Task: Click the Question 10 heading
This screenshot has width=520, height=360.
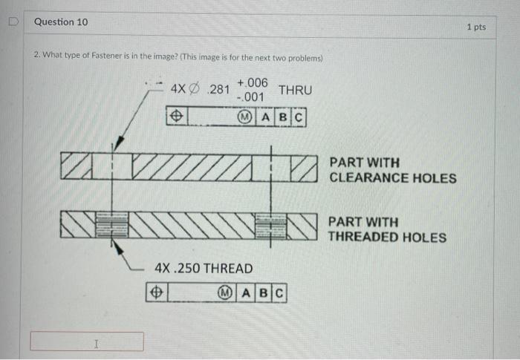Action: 61,22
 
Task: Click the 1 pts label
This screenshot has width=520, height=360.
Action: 476,27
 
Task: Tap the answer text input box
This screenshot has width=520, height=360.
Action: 87,341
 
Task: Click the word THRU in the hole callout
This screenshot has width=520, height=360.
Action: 295,90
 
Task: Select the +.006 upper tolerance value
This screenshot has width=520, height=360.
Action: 253,82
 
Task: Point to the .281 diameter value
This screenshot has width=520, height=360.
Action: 219,90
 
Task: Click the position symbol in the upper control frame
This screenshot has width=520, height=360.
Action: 177,117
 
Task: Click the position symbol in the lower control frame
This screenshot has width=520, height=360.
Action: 157,294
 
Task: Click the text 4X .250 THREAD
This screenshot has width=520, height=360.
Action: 203,268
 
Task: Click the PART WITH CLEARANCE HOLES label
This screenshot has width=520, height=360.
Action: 393,170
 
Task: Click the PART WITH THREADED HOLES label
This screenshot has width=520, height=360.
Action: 387,229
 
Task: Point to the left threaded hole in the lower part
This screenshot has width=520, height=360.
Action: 113,223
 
